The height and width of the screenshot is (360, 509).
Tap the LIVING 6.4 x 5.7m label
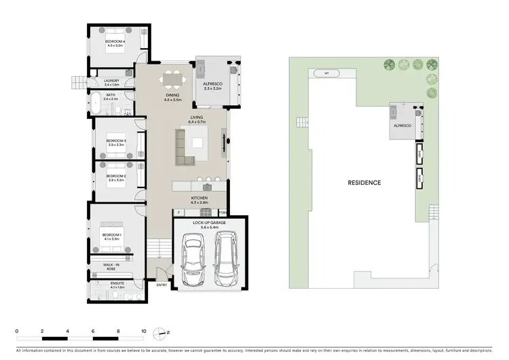pyautogui.click(x=197, y=120)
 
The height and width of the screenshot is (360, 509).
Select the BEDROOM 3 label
pyautogui.click(x=116, y=142)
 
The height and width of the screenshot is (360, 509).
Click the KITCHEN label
pyautogui.click(x=199, y=200)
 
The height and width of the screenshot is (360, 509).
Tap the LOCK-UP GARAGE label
pyautogui.click(x=209, y=223)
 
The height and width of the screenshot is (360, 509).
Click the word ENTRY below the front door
pyautogui.click(x=162, y=285)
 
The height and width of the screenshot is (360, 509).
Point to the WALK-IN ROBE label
pyautogui.click(x=111, y=267)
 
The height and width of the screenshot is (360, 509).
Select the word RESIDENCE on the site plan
pyautogui.click(x=364, y=183)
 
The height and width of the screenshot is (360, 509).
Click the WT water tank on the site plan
pyautogui.click(x=326, y=73)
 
